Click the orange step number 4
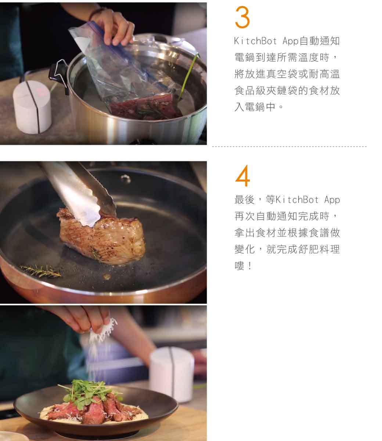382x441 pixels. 242,176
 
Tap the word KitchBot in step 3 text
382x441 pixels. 255,41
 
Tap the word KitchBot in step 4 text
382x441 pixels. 297,200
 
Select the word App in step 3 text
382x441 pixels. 291,41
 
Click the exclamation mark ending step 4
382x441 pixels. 250,266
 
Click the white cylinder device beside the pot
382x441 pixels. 32,107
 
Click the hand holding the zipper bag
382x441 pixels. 113,26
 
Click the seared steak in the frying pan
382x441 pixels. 101,236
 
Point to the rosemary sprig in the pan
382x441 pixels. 40,271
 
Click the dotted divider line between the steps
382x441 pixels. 289,147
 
